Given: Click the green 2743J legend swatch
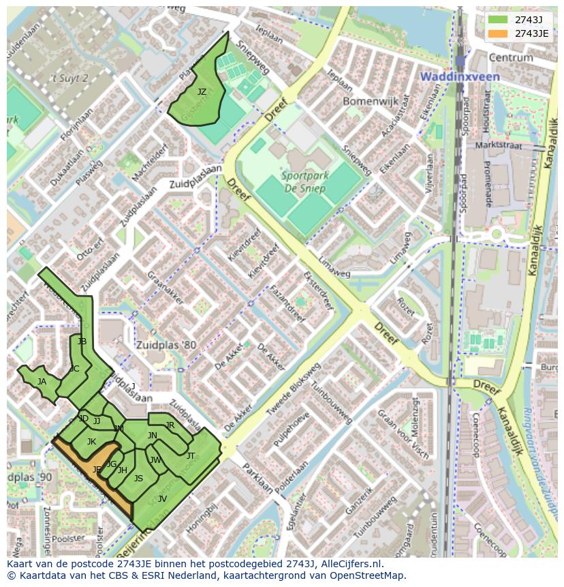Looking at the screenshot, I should point(498,19).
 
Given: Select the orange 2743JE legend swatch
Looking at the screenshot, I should point(498,33).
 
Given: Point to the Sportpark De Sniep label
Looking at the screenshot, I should point(304,182).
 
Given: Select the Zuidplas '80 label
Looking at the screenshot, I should point(165,345).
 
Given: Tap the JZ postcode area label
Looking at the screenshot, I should point(202,91).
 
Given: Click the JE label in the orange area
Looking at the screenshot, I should point(97,469).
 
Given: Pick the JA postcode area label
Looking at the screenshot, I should point(42,382).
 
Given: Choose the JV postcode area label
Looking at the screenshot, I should point(162,498).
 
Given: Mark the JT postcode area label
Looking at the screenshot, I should point(191,455).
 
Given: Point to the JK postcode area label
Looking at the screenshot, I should point(91,442).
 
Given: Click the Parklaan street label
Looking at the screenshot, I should point(255,479).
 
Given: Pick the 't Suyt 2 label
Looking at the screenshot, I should point(70,78).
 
